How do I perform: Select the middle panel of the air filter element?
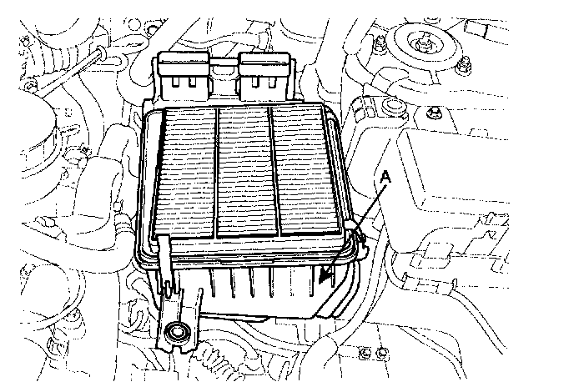(x=245, y=172)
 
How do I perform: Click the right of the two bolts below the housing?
(x=382, y=353)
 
